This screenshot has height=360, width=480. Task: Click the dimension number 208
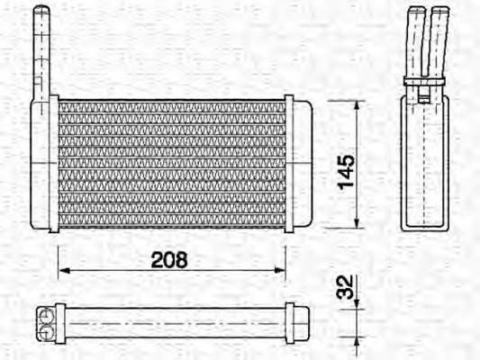169,260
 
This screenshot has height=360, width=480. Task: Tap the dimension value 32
344,287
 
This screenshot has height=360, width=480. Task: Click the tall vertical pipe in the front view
41,54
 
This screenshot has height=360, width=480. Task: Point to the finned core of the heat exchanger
171,163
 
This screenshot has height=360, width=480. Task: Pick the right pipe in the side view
439,40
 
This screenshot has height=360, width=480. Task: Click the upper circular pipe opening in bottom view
43,314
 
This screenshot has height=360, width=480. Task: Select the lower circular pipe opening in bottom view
43,328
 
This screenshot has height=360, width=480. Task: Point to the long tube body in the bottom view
171,321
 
